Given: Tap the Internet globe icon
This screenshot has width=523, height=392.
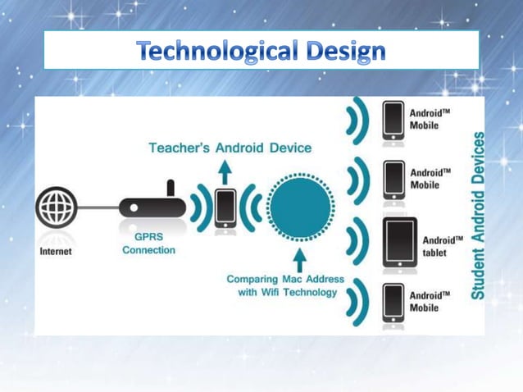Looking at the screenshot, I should pyautogui.click(x=57, y=207).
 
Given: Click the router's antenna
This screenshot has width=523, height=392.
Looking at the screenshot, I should pyautogui.click(x=171, y=189).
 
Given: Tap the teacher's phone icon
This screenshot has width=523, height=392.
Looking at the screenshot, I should pyautogui.click(x=225, y=208).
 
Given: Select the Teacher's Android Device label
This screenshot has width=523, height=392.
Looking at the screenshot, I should pyautogui.click(x=230, y=148).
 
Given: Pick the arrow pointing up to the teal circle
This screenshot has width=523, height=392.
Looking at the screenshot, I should pyautogui.click(x=299, y=260).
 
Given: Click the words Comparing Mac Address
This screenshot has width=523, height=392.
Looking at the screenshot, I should pyautogui.click(x=285, y=279).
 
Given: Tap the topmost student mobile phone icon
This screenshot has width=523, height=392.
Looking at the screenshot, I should pyautogui.click(x=394, y=120).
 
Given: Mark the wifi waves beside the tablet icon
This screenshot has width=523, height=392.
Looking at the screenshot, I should pyautogui.click(x=357, y=244).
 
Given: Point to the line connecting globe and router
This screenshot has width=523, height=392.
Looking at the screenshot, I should pyautogui.click(x=98, y=207).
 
